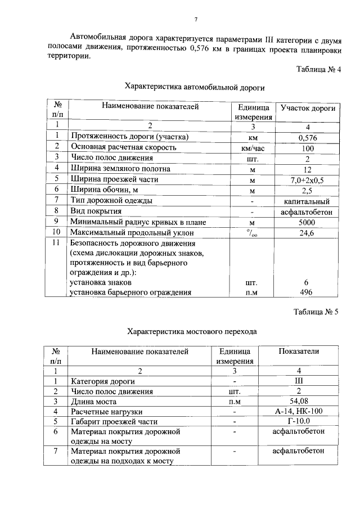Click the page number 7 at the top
pos(195,20)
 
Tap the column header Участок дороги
pos(308,107)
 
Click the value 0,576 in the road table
pos(308,137)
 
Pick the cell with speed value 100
pos(308,147)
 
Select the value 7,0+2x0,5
pos(308,179)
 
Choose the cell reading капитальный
pos(308,201)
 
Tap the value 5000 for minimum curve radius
pos(308,222)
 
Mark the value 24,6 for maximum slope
pos(308,233)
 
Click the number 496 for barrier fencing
pos(308,292)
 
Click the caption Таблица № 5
pos(318,311)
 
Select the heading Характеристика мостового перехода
pos(192,331)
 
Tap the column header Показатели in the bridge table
pos(299,352)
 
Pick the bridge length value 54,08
pos(299,402)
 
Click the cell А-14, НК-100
pos(299,412)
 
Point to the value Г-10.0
pos(299,422)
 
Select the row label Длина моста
pos(93,402)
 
